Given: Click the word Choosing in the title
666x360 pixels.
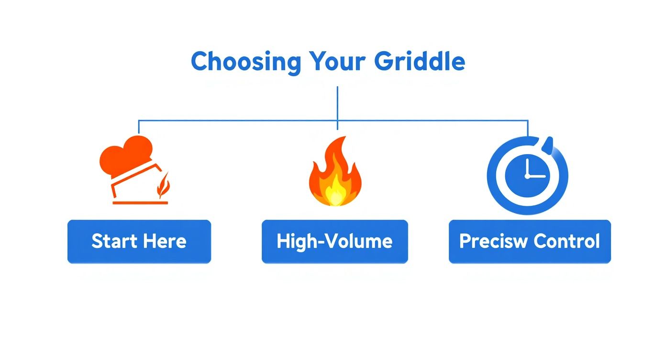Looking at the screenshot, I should coord(246,62).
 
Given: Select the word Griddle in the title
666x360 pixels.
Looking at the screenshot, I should coord(420,62).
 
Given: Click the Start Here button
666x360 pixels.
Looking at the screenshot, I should coord(139,241).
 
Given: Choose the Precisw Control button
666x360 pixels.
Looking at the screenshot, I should coord(530,241).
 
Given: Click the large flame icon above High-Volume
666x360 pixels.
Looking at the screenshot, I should coord(335,172).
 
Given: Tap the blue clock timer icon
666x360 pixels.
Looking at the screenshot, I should coord(527,175).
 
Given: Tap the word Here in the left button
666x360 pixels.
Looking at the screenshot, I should coord(164,241).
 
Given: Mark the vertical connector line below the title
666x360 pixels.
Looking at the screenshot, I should coord(337,103).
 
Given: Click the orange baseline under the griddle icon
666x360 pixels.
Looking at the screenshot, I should coord(140,203).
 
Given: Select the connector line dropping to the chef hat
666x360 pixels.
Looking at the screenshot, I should coord(139,127).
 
